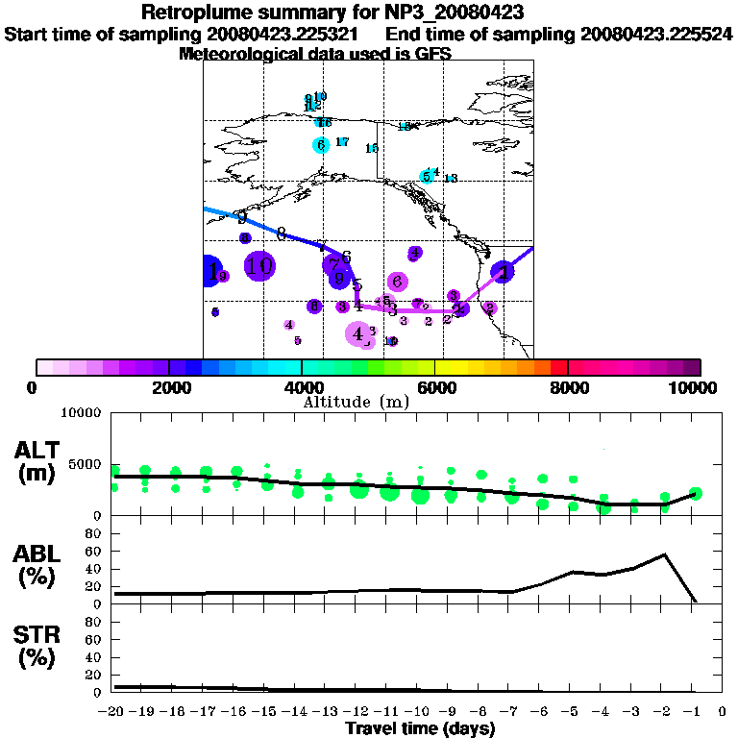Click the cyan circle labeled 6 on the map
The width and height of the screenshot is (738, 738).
tap(321, 145)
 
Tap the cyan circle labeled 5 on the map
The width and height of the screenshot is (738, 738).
tap(427, 177)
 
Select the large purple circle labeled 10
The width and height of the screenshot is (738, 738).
tap(259, 266)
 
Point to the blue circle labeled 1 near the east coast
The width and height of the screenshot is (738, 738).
tap(503, 272)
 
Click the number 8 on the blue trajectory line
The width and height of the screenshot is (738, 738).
tap(282, 234)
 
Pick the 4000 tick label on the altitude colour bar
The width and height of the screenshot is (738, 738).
tap(302, 387)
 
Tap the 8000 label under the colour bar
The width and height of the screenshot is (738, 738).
tap(568, 387)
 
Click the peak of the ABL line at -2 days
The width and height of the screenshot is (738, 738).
tap(665, 554)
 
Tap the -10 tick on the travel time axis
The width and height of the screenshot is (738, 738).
tap(419, 712)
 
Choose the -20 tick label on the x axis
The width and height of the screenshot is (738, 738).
tap(114, 712)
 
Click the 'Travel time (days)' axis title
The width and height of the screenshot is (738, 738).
tap(420, 729)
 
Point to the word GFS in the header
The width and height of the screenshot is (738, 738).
tap(431, 54)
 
